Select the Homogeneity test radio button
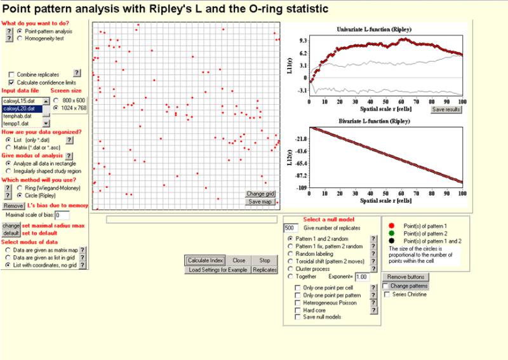pyautogui.click(x=20, y=38)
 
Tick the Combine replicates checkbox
pyautogui.click(x=11, y=74)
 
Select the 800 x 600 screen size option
pyautogui.click(x=56, y=100)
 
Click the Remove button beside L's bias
pyautogui.click(x=13, y=206)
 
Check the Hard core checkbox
pyautogui.click(x=298, y=309)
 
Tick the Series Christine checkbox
pyautogui.click(x=387, y=294)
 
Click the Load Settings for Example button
pyautogui.click(x=218, y=270)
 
